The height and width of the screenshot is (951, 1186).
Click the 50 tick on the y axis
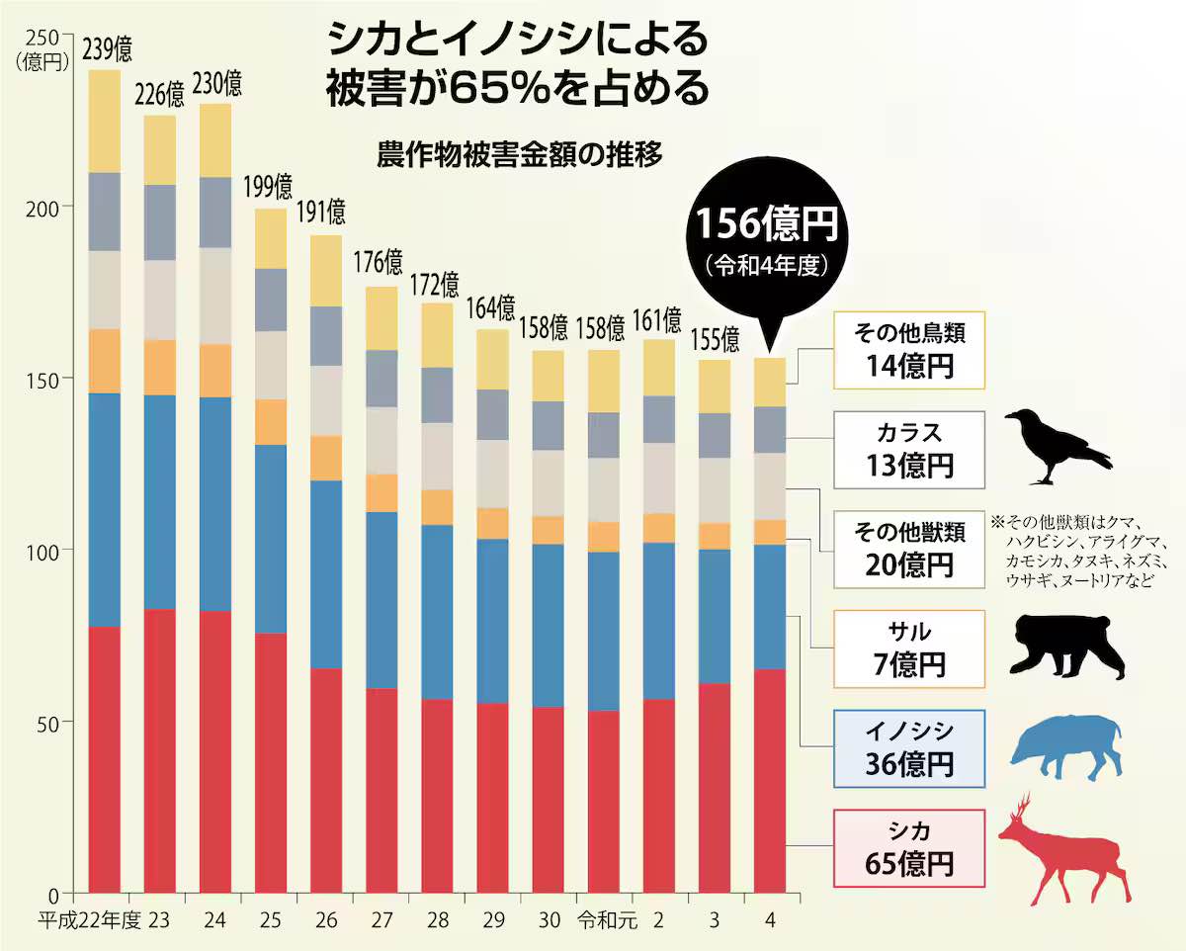tap(46, 721)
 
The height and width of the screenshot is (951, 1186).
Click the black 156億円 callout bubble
tap(770, 236)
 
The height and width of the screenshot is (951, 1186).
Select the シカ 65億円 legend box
tap(909, 847)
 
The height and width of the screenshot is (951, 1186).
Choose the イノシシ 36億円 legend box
tap(909, 747)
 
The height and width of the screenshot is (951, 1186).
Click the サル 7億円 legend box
tap(909, 648)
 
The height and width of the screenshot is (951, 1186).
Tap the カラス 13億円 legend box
tap(909, 449)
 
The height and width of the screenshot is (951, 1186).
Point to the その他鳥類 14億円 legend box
tap(909, 350)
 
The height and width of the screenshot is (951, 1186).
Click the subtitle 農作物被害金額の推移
tap(519, 155)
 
